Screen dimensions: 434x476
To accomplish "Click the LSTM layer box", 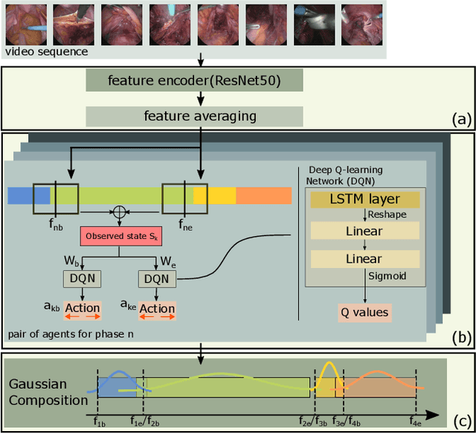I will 364,199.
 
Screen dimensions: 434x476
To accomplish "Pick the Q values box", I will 364,312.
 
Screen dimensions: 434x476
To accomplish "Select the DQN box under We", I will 156,278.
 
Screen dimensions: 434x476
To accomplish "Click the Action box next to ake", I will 157,309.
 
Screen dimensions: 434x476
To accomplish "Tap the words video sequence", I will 46,52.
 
